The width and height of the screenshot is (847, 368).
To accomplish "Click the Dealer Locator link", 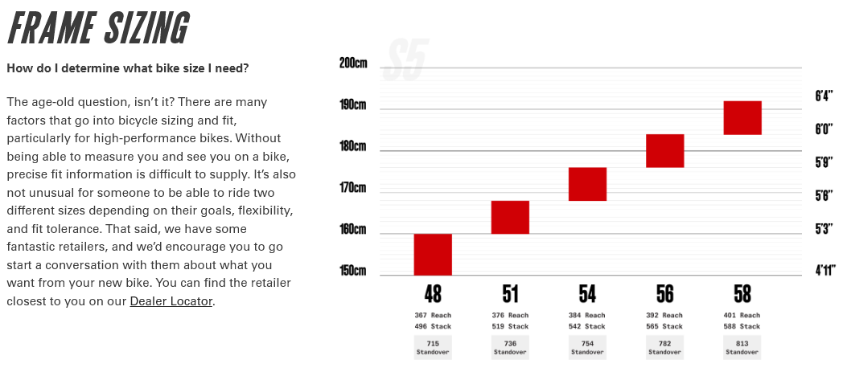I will [171, 301].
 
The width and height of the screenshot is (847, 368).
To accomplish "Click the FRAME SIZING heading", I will [98, 29].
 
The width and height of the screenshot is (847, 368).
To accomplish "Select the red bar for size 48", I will [433, 254].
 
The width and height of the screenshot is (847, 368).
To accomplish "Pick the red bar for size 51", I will [510, 217].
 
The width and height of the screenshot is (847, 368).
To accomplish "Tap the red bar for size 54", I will [587, 184].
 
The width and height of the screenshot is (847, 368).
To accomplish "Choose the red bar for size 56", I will [664, 151].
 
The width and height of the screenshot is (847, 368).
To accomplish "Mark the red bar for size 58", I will [742, 117].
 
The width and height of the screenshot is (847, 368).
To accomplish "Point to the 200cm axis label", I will [353, 63].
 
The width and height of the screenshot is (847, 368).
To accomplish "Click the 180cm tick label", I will [353, 146].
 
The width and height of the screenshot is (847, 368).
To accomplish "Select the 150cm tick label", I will [353, 271].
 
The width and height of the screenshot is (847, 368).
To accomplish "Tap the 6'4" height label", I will [823, 96].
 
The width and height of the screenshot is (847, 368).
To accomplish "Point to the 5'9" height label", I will [823, 162].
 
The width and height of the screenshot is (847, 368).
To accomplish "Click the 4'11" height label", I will [823, 271].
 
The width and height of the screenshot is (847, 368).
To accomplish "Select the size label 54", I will [587, 293].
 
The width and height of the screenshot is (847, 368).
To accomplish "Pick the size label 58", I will [742, 293].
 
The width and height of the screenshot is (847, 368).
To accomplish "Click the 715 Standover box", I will [433, 347].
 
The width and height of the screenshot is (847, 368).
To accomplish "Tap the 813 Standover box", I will [742, 347].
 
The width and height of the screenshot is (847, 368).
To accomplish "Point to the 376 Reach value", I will [510, 316].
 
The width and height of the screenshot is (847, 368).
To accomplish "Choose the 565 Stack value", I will [664, 327].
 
